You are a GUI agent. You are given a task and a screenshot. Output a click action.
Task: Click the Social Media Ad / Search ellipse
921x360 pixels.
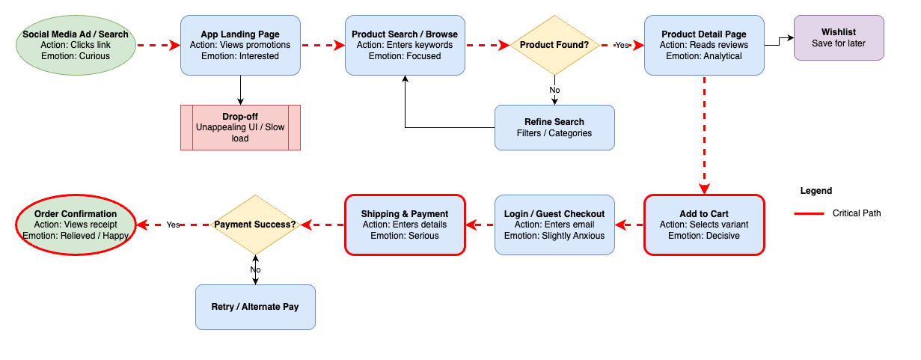[x=76, y=45]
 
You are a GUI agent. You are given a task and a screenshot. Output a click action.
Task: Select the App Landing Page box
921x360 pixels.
[x=240, y=45]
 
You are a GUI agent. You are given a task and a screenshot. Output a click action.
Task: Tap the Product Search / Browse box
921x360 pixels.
[x=405, y=45]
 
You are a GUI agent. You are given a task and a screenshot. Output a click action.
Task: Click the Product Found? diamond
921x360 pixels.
[x=554, y=45]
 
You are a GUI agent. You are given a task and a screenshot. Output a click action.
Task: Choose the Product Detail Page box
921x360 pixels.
[x=704, y=45]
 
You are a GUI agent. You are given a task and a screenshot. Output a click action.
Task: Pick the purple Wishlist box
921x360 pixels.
[x=839, y=37]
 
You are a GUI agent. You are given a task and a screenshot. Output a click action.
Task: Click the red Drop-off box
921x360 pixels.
[x=240, y=127]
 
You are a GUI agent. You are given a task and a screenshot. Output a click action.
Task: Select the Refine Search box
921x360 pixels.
[x=554, y=127]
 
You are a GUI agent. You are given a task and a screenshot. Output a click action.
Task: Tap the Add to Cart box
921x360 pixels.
[x=704, y=225]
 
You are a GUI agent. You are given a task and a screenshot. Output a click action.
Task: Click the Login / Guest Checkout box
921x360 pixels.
[x=554, y=225]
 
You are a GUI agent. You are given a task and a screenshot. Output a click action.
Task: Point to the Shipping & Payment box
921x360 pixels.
[x=405, y=225]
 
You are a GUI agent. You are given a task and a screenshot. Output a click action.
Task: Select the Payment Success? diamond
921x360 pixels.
[x=255, y=225]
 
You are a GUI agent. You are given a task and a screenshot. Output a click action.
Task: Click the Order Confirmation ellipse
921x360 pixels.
[x=76, y=225]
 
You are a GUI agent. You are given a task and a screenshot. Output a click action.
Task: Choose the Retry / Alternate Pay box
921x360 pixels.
[x=255, y=307]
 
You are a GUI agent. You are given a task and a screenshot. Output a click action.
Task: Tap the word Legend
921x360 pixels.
[x=816, y=191]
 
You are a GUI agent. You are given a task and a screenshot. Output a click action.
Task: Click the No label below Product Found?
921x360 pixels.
[x=554, y=90]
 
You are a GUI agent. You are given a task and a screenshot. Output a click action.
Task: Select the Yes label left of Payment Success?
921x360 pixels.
[x=173, y=225]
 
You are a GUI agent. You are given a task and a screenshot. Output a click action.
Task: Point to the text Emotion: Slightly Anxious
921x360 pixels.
[x=554, y=236]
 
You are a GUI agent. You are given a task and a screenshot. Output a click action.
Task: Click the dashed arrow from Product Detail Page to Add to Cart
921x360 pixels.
[x=704, y=135]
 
